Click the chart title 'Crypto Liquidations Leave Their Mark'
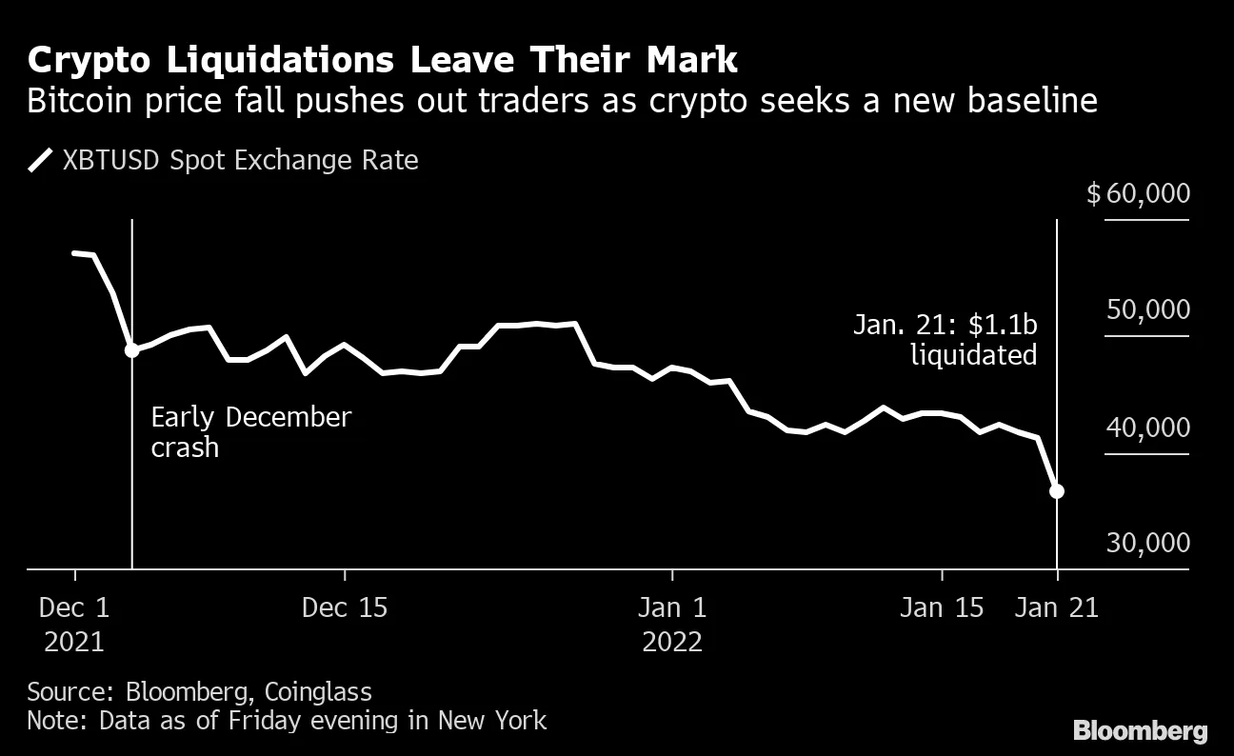pyautogui.click(x=382, y=60)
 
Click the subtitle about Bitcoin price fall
pyautogui.click(x=562, y=101)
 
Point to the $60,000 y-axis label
pyautogui.click(x=1138, y=194)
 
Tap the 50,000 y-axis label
pyautogui.click(x=1146, y=310)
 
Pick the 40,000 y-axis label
pyautogui.click(x=1146, y=428)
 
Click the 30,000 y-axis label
pyautogui.click(x=1146, y=543)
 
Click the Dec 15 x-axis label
pyautogui.click(x=345, y=608)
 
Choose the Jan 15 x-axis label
pyautogui.click(x=942, y=608)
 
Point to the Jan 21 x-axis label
pyautogui.click(x=1056, y=608)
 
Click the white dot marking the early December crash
pyautogui.click(x=131, y=349)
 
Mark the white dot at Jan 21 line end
pyautogui.click(x=1056, y=491)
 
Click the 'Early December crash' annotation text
pyautogui.click(x=250, y=432)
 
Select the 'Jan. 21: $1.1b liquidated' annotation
pyautogui.click(x=945, y=341)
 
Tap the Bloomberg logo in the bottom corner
pyautogui.click(x=1140, y=731)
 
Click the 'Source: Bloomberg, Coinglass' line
pyautogui.click(x=199, y=691)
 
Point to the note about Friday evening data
pyautogui.click(x=287, y=720)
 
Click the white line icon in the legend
pyautogui.click(x=41, y=160)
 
